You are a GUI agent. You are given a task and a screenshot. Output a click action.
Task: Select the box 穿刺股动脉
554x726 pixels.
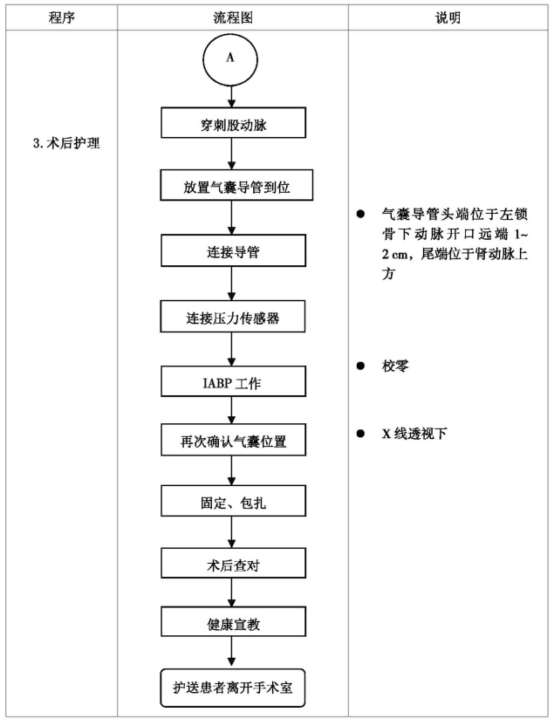click(233, 123)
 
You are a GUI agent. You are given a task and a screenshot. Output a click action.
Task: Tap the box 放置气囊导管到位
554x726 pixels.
click(236, 185)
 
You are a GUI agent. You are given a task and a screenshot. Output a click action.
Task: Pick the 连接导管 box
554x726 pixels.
click(233, 250)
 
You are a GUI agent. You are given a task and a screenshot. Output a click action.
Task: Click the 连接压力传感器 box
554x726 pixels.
click(233, 316)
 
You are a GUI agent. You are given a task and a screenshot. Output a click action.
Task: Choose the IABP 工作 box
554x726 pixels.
click(233, 381)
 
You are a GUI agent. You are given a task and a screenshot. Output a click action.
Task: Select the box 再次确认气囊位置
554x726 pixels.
click(233, 440)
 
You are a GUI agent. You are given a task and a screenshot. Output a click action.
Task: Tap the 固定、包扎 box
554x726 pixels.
click(233, 501)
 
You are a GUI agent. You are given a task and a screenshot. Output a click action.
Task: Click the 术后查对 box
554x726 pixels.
click(233, 563)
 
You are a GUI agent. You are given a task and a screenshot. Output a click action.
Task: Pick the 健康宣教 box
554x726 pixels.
click(233, 622)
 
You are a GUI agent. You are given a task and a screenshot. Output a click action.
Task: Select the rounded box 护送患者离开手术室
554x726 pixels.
click(233, 688)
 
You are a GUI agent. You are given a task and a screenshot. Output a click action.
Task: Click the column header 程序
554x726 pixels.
click(62, 17)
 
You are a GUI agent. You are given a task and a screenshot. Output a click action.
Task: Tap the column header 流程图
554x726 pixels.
click(233, 17)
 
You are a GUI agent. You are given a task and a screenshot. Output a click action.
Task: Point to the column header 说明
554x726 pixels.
click(448, 17)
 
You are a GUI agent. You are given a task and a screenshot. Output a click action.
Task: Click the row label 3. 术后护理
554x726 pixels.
click(66, 143)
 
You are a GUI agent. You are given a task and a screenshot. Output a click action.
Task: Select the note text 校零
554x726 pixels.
click(395, 366)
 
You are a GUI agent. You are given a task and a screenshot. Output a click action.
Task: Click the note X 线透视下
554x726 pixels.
click(414, 434)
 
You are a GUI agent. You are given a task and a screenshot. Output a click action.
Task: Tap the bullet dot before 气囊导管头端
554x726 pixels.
click(360, 214)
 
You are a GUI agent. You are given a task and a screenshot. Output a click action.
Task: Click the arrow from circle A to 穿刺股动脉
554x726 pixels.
click(231, 97)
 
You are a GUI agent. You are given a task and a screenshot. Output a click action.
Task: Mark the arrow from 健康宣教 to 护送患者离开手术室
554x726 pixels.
click(231, 653)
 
